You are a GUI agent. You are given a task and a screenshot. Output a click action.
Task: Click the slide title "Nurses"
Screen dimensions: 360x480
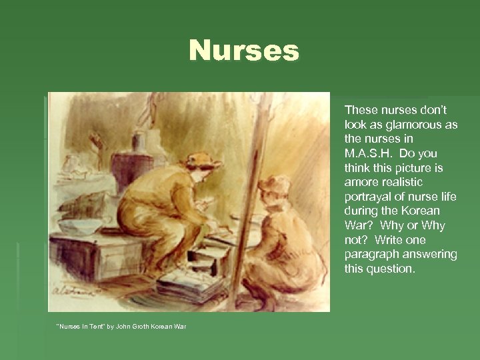pyautogui.click(x=244, y=51)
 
